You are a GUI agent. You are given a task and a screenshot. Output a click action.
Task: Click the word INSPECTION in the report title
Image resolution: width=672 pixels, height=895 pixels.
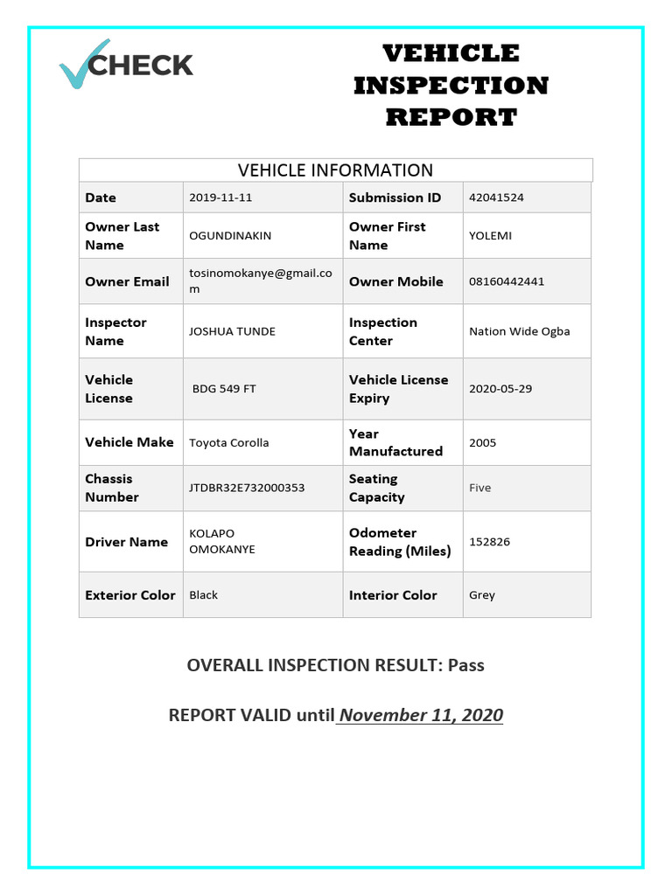click(x=451, y=86)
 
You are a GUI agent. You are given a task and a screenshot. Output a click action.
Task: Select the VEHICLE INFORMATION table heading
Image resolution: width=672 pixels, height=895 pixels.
click(x=336, y=170)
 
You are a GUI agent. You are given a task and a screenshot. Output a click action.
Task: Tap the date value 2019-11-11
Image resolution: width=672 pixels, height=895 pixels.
click(x=220, y=198)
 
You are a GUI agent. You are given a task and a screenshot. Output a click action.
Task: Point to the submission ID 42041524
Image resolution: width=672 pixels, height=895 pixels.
click(x=496, y=198)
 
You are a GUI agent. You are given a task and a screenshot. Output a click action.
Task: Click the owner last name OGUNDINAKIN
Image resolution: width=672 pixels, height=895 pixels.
click(x=230, y=236)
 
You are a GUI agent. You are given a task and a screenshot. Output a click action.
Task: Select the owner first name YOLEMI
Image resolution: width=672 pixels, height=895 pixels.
click(x=490, y=236)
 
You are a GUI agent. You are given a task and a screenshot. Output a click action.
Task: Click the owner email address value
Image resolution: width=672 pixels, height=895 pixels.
click(x=260, y=281)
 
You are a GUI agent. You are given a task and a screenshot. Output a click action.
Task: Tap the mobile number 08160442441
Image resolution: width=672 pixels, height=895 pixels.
click(x=506, y=281)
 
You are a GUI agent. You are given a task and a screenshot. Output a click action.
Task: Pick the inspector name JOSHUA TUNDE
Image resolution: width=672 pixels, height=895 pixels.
click(x=232, y=331)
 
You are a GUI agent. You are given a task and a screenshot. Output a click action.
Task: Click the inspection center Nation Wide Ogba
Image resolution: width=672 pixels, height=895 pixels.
click(x=519, y=331)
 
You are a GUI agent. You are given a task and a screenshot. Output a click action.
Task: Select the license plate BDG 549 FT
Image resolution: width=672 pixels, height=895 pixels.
click(x=224, y=389)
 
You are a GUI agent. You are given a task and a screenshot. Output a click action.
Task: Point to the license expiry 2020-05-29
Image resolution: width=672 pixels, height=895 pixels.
click(x=500, y=389)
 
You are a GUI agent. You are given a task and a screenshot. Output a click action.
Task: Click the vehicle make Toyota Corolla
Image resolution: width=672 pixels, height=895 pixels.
click(x=228, y=443)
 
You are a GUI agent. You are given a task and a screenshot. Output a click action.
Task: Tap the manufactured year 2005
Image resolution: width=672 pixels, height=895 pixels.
click(x=482, y=443)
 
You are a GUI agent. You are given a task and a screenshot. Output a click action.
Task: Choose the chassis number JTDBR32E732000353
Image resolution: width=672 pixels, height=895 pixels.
click(x=247, y=488)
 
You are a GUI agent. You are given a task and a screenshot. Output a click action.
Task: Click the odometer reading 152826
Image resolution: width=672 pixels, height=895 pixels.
click(x=489, y=542)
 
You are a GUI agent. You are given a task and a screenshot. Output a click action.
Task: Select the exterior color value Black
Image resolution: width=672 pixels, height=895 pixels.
click(x=203, y=595)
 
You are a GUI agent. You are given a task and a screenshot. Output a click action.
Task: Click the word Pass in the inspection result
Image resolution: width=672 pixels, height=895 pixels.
click(x=465, y=665)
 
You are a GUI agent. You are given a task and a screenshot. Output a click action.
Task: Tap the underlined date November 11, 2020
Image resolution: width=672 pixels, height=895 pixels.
click(x=421, y=716)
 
